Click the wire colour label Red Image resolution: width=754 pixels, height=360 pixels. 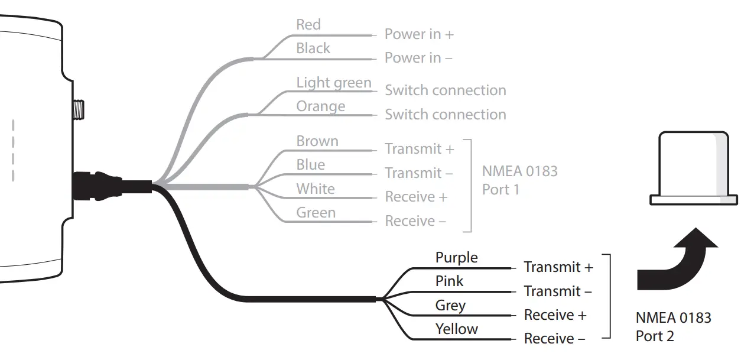tap(308, 25)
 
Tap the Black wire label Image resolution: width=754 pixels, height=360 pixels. tap(313, 48)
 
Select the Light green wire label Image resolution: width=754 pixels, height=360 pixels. tap(333, 83)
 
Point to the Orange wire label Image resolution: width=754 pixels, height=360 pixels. tap(320, 106)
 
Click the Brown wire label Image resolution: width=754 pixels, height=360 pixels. tap(317, 141)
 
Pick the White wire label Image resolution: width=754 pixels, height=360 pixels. tap(315, 189)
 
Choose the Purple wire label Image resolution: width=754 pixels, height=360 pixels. tap(456, 258)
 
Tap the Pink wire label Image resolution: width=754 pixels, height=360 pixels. tap(449, 281)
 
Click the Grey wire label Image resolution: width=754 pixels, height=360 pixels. tap(450, 306)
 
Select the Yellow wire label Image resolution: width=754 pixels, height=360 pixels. tap(456, 329)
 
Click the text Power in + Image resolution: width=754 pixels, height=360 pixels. tap(419, 34)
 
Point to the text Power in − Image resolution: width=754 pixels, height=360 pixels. tap(418, 58)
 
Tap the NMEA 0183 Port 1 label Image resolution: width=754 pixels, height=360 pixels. tap(519, 180)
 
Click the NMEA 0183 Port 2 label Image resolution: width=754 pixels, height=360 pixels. tap(673, 327)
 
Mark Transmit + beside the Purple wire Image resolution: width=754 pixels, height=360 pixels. tap(558, 267)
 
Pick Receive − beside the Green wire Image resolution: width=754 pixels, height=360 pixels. tap(415, 221)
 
